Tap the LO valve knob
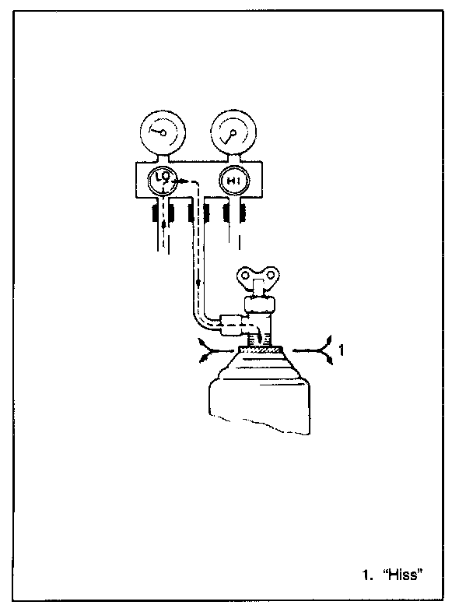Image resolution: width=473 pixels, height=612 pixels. pyautogui.click(x=163, y=181)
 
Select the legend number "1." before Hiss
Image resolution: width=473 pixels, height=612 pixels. pyautogui.click(x=367, y=576)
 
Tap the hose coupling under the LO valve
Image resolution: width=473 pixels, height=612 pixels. pyautogui.click(x=163, y=210)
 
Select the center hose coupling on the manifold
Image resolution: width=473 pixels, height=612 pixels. pyautogui.click(x=198, y=210)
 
